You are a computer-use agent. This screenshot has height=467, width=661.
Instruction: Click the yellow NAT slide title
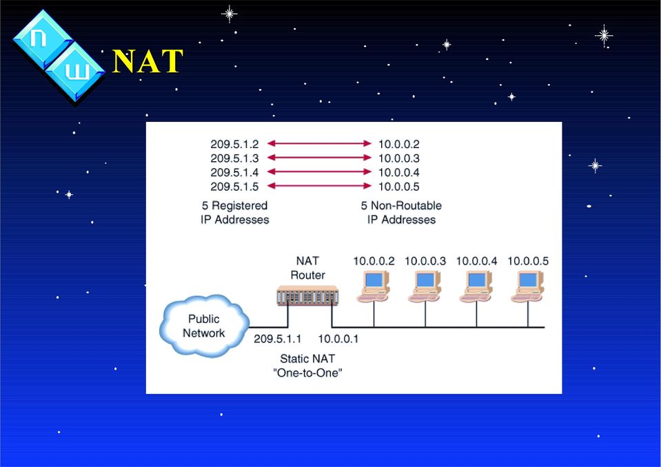point(148,61)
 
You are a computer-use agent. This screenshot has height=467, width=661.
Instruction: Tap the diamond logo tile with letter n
point(43,39)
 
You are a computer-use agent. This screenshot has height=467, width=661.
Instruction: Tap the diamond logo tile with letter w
point(75,71)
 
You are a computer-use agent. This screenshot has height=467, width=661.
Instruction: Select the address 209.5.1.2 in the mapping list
point(234,145)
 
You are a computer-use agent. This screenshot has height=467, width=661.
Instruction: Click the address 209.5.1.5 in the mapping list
point(234,187)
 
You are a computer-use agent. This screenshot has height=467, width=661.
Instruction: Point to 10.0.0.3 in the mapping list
point(399,158)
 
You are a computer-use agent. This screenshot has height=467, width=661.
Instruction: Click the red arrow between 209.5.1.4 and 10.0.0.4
point(319,172)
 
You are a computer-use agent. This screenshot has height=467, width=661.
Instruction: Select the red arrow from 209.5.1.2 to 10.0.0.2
point(319,143)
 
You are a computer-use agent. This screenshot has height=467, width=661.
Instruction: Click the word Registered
point(239,205)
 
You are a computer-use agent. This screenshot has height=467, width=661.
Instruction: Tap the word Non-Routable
point(407,205)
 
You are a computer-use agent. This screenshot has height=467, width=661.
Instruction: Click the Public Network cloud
point(204,326)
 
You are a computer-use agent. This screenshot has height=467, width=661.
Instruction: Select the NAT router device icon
point(307,295)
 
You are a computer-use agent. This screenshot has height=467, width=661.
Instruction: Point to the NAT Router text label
point(307,268)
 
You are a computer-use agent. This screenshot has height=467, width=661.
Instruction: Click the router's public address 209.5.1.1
point(277,339)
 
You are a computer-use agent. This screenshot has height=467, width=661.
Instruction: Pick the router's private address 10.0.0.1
point(338,339)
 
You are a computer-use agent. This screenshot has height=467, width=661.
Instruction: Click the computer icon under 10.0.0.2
point(374,287)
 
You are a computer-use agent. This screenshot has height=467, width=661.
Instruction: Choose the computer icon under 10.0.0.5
point(528,287)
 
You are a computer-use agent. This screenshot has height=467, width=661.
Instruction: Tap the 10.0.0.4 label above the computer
point(476,261)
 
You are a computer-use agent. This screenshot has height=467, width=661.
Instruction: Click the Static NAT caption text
point(307,359)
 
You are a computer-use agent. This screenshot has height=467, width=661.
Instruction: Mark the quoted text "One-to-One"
point(307,373)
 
